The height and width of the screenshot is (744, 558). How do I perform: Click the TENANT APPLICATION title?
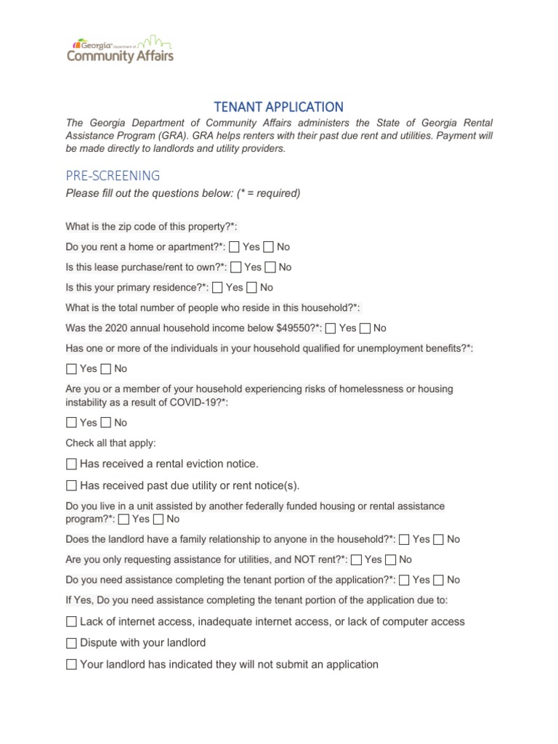coord(279,106)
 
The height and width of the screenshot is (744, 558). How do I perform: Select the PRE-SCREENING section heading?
coord(113,175)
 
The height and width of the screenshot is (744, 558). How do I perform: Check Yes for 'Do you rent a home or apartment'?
coord(234,247)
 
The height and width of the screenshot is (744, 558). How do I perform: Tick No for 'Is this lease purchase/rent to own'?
coord(270,267)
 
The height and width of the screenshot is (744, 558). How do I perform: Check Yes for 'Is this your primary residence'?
coord(217,288)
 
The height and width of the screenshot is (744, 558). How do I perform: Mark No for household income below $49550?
coord(365,328)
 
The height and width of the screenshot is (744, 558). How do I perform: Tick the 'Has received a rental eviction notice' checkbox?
coord(71,464)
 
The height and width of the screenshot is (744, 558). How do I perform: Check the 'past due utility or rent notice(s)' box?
coord(71,485)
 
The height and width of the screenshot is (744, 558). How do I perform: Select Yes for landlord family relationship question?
coord(404,539)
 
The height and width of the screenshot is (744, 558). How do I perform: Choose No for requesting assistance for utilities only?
coord(390,559)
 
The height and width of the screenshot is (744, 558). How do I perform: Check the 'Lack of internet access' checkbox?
coord(71,622)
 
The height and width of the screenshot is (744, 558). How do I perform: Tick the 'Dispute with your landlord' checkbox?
coord(71,643)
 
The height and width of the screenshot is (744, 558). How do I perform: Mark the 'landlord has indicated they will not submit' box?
coord(71,664)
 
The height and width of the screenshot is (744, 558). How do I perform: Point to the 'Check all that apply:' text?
coord(110,443)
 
